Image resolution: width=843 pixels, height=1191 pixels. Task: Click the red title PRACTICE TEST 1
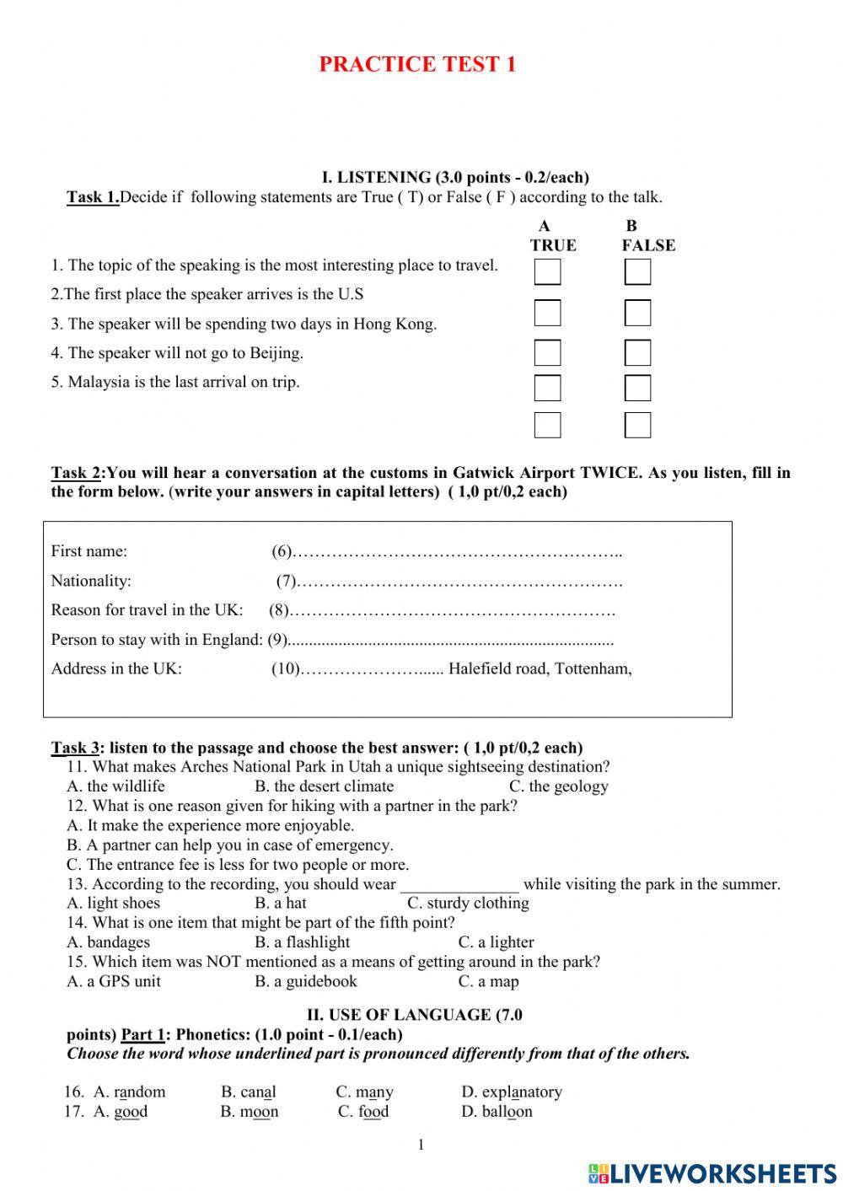coord(417,65)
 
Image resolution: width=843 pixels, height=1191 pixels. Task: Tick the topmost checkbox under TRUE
coord(547,272)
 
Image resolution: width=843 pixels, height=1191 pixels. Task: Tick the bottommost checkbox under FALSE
coord(637,425)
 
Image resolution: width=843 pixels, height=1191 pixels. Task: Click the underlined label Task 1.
coord(93,197)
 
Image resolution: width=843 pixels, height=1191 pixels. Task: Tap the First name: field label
coord(89,551)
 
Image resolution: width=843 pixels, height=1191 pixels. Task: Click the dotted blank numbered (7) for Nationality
coord(459,581)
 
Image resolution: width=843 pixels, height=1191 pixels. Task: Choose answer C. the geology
coord(558,786)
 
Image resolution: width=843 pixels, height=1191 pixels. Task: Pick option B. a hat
coord(281,903)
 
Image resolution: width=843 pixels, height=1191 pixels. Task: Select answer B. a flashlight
coord(302,942)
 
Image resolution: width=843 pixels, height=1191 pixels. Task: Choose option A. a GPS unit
coord(114,981)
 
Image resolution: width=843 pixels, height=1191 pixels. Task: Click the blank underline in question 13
coord(459,885)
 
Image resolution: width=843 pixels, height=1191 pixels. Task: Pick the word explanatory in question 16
coord(512,1092)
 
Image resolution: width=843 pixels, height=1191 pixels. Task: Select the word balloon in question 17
coord(497,1112)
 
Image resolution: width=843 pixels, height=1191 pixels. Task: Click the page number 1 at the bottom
coord(421,1144)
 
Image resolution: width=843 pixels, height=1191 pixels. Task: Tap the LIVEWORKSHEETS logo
coord(712,1172)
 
